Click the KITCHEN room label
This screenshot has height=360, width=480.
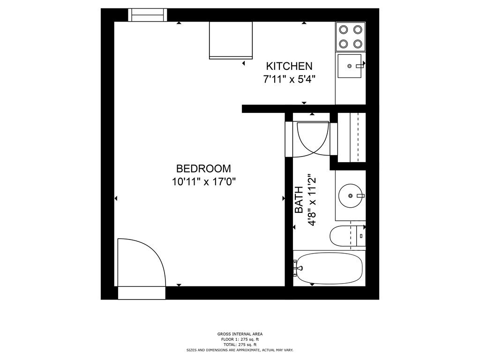click(x=289, y=66)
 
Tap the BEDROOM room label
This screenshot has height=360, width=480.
click(x=203, y=169)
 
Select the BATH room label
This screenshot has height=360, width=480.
click(x=299, y=200)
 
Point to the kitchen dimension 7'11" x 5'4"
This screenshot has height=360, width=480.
click(x=289, y=80)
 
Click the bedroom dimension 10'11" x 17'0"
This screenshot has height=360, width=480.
click(x=203, y=182)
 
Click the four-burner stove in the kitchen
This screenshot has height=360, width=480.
click(x=351, y=37)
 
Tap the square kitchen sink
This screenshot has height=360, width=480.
click(x=349, y=66)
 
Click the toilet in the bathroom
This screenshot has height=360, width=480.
click(x=347, y=236)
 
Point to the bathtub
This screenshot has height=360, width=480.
click(x=330, y=269)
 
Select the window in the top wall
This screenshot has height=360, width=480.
click(x=148, y=15)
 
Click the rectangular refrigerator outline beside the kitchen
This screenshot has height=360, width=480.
click(x=231, y=40)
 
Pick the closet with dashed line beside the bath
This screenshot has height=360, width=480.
click(x=352, y=137)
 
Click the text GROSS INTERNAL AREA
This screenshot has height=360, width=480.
click(x=240, y=334)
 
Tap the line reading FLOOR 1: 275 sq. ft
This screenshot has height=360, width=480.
click(x=240, y=339)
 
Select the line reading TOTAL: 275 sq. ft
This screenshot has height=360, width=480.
click(x=240, y=345)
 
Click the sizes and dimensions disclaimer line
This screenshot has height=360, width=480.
click(x=240, y=350)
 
